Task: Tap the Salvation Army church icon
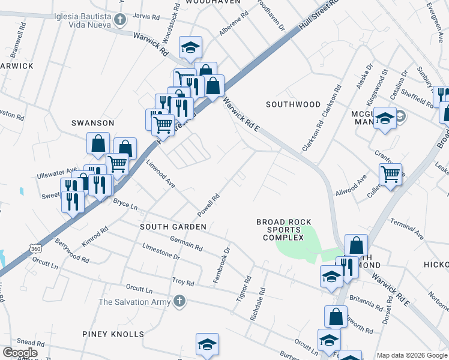[x=178, y=302]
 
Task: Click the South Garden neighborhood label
[x=173, y=227]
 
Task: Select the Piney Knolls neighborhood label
[x=113, y=334]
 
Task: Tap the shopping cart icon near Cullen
[x=390, y=175]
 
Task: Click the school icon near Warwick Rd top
[x=191, y=48]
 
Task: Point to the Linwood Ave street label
[x=160, y=175]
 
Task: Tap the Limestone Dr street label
[x=161, y=251]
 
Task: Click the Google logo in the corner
[x=20, y=352]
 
